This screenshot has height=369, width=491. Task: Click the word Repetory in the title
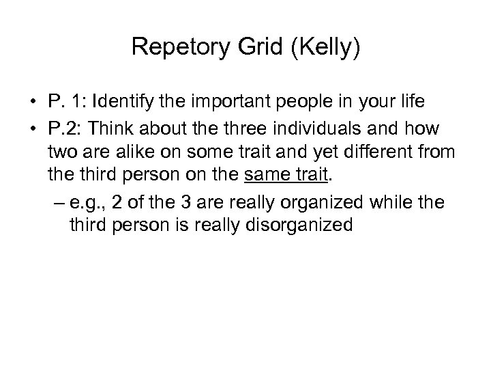point(181,47)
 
